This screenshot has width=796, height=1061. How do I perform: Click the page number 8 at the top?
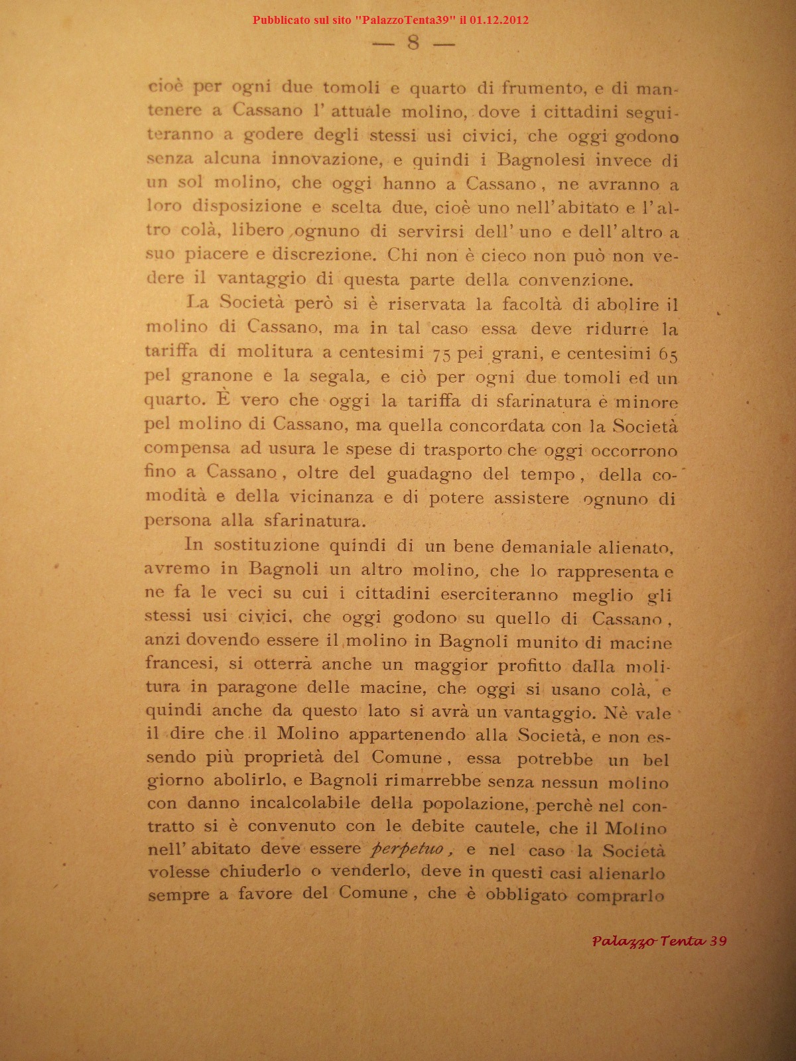tap(414, 43)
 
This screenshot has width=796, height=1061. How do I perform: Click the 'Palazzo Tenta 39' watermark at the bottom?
tap(659, 941)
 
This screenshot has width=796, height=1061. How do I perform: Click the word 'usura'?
tap(291, 449)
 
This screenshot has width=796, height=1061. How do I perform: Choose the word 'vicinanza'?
tap(331, 497)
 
